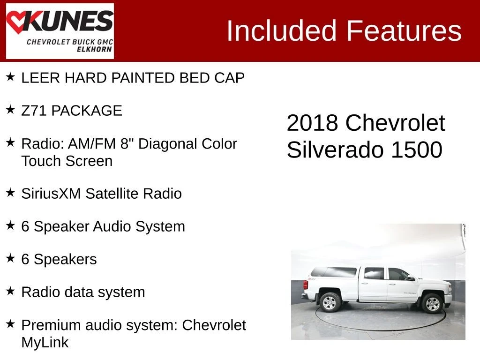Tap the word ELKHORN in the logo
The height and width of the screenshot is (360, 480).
click(94, 49)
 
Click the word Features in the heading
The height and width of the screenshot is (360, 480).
click(404, 30)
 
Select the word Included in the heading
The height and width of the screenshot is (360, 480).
click(282, 30)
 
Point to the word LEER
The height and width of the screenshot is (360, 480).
click(41, 78)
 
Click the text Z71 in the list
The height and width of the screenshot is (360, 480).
click(34, 111)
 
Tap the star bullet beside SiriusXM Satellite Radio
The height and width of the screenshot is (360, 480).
click(10, 193)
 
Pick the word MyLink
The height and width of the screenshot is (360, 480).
click(45, 342)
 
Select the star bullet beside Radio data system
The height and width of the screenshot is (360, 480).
click(10, 291)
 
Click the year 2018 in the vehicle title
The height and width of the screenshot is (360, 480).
click(312, 123)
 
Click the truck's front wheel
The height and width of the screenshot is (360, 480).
click(432, 303)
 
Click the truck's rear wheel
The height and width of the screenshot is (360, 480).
click(330, 302)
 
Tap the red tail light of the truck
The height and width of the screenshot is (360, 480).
click(306, 285)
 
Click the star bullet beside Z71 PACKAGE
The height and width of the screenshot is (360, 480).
click(10, 110)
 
